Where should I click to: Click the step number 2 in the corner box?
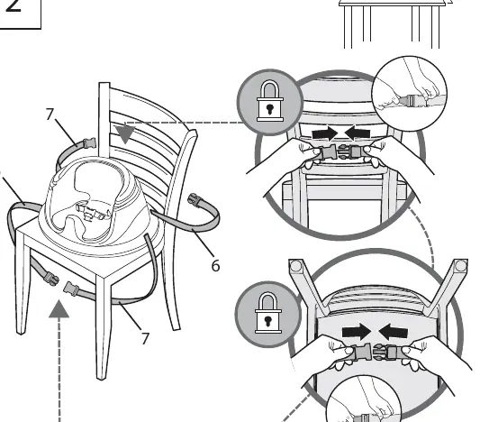coord(14,5)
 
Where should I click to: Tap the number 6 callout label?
coord(215,265)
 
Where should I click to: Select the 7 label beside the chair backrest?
coord(50,114)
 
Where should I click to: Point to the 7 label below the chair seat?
coord(145,338)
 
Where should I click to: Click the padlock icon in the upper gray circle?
coord(270,101)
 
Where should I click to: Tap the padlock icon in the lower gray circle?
coord(267,313)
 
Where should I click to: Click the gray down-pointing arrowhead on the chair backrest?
coord(125,134)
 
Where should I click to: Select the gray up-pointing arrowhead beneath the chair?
coord(59,308)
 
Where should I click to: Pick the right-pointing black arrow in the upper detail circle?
coord(325,134)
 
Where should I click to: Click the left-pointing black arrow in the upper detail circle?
coord(358,133)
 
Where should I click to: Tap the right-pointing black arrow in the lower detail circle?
coord(357,332)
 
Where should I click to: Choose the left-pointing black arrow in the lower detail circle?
coord(393,332)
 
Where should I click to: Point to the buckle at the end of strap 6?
coord(195,200)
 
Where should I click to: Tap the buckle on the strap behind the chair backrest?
coord(89,143)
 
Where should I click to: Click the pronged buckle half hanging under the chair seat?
coord(50,279)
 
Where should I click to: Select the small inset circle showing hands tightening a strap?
coord(410,94)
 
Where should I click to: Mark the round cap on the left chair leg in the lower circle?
coord(295,266)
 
